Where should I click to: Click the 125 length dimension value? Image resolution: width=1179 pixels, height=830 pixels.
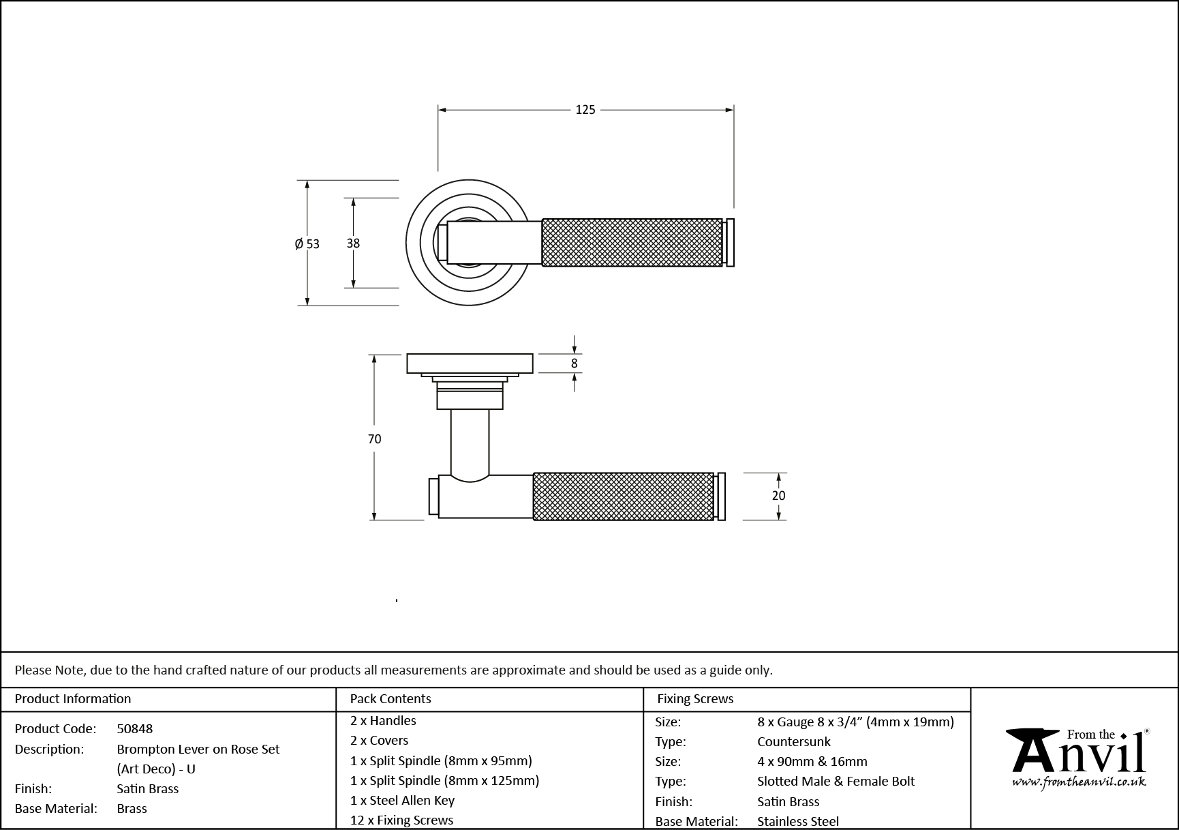(585, 110)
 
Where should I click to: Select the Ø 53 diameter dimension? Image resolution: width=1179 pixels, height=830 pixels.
(307, 243)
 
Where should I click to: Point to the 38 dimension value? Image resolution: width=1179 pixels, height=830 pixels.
(353, 243)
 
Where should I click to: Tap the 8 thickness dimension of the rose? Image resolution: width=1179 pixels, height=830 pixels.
(574, 364)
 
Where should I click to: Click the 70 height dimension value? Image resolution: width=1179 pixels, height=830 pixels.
(374, 439)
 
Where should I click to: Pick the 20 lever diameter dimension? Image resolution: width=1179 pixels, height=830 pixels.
(778, 496)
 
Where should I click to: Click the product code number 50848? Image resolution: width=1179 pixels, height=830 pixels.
(135, 728)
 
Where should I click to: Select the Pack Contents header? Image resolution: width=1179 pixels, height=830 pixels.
(391, 698)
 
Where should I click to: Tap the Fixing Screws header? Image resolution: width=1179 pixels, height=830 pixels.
(695, 698)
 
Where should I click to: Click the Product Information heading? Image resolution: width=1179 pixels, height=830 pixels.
(73, 698)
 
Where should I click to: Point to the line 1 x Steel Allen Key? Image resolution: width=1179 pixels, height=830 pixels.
(402, 800)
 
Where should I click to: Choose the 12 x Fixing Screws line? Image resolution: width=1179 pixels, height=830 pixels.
(401, 820)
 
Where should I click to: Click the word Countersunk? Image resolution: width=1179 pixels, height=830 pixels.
(794, 741)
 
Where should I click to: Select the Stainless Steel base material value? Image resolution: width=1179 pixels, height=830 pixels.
(798, 821)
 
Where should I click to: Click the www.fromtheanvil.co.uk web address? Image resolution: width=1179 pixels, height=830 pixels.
(1079, 782)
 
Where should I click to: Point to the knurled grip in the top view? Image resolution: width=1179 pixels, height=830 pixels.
(632, 243)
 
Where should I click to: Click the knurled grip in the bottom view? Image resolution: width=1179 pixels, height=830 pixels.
(623, 496)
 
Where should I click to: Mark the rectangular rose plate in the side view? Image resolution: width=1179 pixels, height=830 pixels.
(470, 364)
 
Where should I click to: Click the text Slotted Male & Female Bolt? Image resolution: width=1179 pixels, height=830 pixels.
(836, 781)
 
